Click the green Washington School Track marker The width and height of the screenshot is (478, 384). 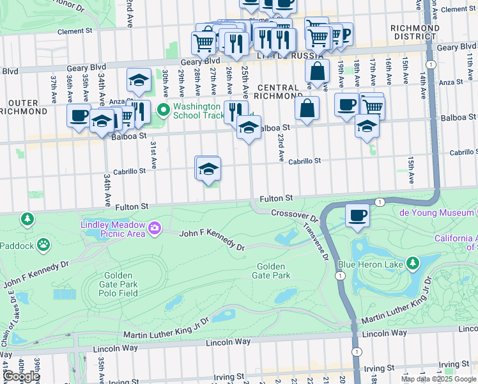(163, 111)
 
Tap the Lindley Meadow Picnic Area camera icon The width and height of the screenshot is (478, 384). (154, 228)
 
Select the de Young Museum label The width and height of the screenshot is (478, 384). (437, 212)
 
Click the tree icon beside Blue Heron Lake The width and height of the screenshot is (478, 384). (413, 262)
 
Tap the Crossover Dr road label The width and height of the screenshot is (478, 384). (294, 214)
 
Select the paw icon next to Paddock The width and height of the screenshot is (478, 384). (43, 244)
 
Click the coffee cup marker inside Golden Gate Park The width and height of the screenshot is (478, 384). (358, 215)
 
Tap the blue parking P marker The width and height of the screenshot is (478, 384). (344, 34)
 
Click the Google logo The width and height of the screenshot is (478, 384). (21, 376)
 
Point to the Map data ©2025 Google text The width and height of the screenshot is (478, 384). (438, 379)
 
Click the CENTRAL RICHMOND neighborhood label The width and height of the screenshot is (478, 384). (278, 93)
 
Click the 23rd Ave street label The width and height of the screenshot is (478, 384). (280, 147)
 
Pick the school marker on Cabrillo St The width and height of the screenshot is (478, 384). (208, 168)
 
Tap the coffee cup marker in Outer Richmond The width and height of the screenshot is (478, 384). (79, 116)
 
